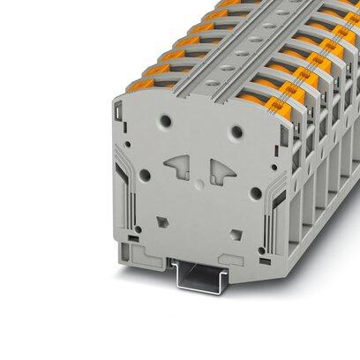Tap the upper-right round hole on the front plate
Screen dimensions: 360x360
tap(236, 132)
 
